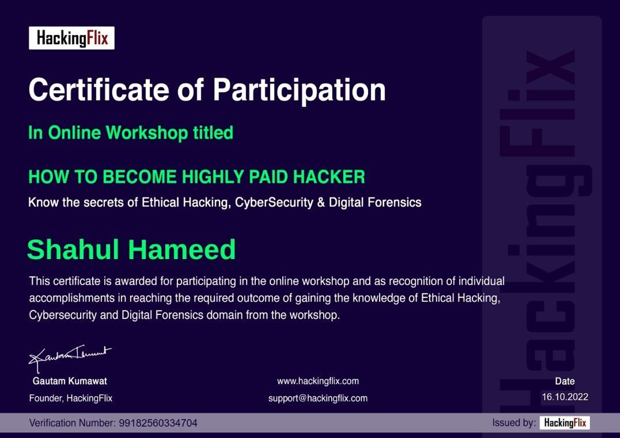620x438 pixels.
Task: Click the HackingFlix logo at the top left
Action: point(72,38)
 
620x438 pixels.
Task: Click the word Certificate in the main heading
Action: point(99,90)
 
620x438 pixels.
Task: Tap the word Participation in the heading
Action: point(299,90)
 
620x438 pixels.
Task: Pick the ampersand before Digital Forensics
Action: point(321,202)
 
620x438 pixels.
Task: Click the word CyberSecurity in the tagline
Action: point(274,203)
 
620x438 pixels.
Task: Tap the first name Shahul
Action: point(73,250)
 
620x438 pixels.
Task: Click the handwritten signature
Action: point(70,358)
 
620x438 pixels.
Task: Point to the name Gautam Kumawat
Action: point(70,381)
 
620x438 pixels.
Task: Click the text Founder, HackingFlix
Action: point(71,398)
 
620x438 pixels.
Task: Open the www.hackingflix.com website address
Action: point(318,381)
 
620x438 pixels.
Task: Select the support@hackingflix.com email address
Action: point(318,398)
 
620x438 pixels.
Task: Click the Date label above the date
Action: point(565,381)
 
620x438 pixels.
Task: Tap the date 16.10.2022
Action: point(565,397)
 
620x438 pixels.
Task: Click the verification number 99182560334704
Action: point(158,423)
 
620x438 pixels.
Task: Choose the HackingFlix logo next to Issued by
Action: point(565,423)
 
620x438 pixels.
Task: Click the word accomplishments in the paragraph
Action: point(72,298)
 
